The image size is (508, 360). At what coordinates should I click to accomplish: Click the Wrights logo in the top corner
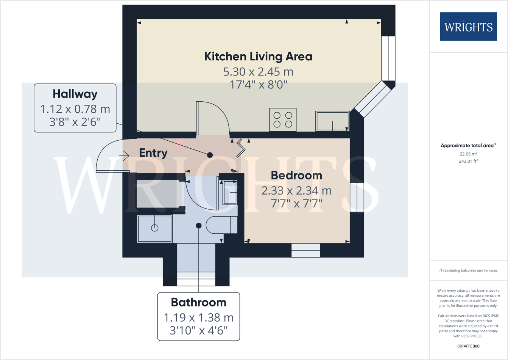tap(468, 27)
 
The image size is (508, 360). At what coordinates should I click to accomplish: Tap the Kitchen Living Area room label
tap(258, 57)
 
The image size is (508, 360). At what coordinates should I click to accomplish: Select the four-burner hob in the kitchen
tap(283, 119)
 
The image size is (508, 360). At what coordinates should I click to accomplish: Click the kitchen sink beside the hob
tap(332, 121)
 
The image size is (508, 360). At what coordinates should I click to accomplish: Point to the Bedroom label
tap(296, 175)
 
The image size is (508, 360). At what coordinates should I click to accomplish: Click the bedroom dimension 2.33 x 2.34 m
tap(296, 190)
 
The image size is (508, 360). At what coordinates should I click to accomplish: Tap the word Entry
tap(153, 153)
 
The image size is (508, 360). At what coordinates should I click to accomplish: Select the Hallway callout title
tap(75, 94)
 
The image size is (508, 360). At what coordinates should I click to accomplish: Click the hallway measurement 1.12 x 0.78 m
tap(75, 109)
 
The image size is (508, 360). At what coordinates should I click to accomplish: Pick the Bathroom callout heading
tap(198, 302)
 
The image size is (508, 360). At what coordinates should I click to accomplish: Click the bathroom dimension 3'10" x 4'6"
tap(198, 330)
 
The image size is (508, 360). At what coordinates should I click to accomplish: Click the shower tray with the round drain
tap(154, 228)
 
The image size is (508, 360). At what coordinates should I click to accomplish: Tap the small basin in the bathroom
tap(229, 192)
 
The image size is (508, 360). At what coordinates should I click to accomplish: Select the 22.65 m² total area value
tap(468, 154)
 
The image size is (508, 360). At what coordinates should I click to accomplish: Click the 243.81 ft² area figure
tap(468, 161)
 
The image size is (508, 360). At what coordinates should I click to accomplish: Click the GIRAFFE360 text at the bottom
tap(468, 346)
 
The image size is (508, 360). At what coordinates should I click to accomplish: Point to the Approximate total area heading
tap(468, 146)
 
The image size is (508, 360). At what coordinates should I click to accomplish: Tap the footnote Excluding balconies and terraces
tap(468, 270)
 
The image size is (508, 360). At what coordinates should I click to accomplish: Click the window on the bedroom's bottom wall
tap(306, 251)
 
